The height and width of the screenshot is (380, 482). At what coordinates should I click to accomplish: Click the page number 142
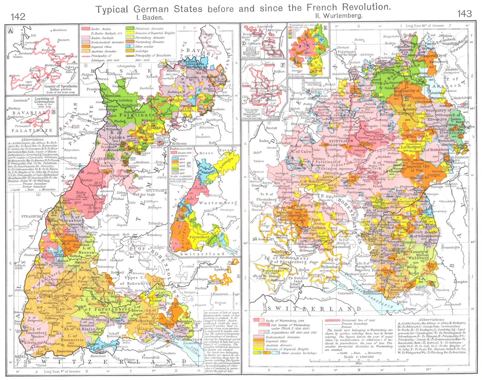(18, 16)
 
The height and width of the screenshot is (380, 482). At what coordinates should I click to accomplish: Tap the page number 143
(464, 14)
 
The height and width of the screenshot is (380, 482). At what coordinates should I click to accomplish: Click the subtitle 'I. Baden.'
(150, 17)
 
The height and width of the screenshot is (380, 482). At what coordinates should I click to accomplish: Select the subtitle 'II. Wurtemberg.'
(338, 16)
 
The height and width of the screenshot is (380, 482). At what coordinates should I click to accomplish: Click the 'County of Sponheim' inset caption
(61, 86)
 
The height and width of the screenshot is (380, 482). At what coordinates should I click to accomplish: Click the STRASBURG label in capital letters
(31, 216)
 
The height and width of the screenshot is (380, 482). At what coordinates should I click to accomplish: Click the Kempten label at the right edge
(460, 282)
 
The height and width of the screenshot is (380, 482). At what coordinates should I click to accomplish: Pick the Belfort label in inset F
(279, 72)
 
